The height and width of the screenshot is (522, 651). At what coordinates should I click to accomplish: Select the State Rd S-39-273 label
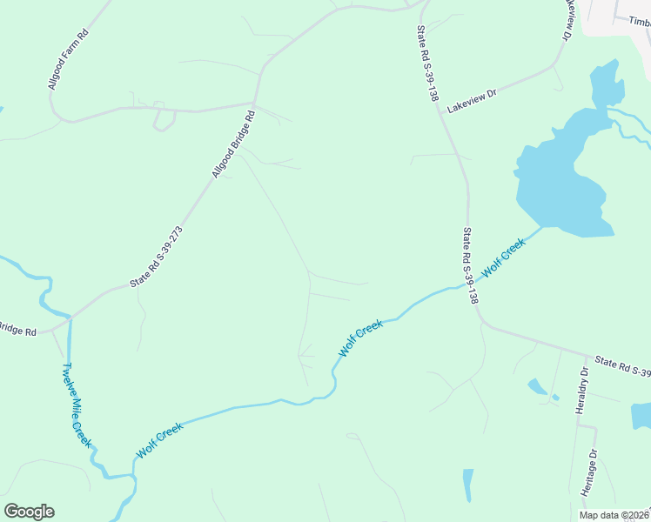[x=157, y=258]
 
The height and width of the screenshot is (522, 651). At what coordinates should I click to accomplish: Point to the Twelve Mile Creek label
[x=76, y=405]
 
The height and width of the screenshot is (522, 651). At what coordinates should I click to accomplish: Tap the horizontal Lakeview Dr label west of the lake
[x=471, y=100]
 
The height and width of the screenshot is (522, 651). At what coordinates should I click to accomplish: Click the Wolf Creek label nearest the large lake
[x=504, y=257]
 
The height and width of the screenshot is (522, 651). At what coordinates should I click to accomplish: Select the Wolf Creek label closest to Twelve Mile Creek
[x=160, y=441]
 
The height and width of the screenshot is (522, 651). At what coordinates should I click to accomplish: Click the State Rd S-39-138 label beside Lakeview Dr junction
[x=426, y=64]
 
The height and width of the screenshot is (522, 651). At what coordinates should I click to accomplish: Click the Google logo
[x=29, y=512]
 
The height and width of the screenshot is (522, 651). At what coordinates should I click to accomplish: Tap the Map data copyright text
[x=614, y=515]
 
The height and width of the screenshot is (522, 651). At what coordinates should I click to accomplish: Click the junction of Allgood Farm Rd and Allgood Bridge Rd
[x=254, y=103]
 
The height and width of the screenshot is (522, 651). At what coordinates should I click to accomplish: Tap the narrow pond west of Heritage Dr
[x=468, y=484]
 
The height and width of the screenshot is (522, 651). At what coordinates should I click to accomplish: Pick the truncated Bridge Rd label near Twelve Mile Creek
[x=17, y=331]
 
